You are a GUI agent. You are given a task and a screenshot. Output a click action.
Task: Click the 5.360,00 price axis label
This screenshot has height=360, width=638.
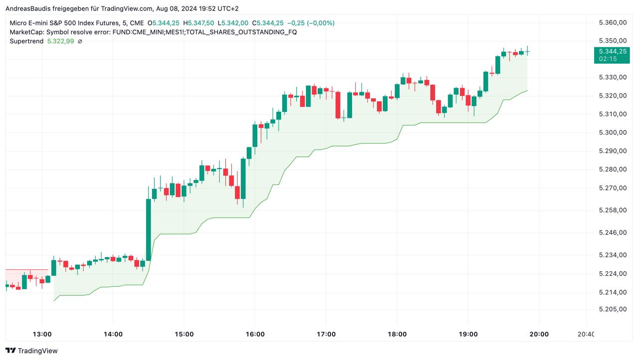tap(612, 23)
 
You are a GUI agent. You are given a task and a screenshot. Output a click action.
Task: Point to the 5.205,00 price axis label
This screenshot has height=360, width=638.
tap(612, 309)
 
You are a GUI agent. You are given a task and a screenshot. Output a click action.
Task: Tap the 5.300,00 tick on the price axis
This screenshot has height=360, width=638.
tap(612, 133)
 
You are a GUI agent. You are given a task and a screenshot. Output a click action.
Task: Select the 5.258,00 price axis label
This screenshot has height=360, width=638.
tap(612, 210)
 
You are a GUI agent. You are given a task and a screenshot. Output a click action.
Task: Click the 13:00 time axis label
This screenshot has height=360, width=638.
tap(42, 334)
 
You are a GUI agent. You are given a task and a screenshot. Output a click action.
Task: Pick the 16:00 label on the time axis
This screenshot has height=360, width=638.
tap(255, 334)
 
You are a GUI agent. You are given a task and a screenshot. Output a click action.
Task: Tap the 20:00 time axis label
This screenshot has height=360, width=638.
tap(539, 334)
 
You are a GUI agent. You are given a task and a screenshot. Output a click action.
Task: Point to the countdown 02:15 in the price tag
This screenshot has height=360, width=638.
tap(608, 59)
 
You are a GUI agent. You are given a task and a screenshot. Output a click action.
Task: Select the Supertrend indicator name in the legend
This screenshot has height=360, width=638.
tap(26, 41)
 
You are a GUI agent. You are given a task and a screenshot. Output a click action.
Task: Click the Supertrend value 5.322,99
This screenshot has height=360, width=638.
tap(60, 41)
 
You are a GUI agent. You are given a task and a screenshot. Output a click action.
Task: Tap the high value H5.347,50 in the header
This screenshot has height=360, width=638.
tap(198, 23)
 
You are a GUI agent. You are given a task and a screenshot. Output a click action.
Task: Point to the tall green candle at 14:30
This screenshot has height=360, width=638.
tap(148, 229)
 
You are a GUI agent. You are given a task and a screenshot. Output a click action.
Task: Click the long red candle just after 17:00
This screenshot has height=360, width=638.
tap(338, 105)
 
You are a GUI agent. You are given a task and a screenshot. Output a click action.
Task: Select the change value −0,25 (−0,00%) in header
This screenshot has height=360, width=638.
tap(311, 23)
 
